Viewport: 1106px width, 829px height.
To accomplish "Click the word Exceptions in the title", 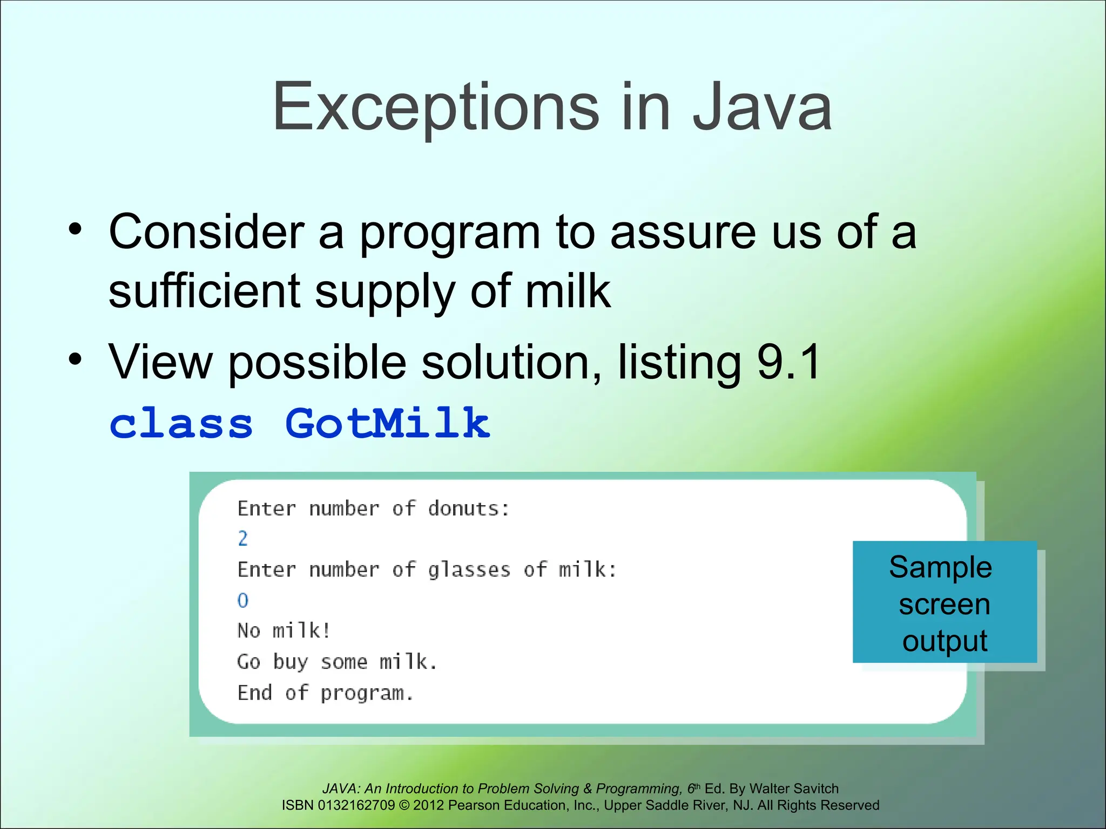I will pos(435,108).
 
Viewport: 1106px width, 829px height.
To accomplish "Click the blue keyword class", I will pos(181,424).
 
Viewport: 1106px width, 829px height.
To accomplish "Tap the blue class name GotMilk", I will pos(387,424).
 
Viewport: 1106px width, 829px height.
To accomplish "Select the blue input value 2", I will pos(243,539).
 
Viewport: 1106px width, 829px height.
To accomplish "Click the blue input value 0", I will pos(243,600).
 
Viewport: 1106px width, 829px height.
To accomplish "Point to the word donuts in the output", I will pos(468,508).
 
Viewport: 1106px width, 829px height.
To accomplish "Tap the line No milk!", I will pos(284,630).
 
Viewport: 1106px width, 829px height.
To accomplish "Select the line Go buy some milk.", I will pos(337,662).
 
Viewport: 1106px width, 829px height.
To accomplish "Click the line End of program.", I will pos(325,693).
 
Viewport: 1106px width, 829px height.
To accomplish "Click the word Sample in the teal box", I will pos(940,567).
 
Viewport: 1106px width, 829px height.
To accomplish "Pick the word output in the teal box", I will pos(945,641).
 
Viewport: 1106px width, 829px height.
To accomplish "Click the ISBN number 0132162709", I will pos(356,805).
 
